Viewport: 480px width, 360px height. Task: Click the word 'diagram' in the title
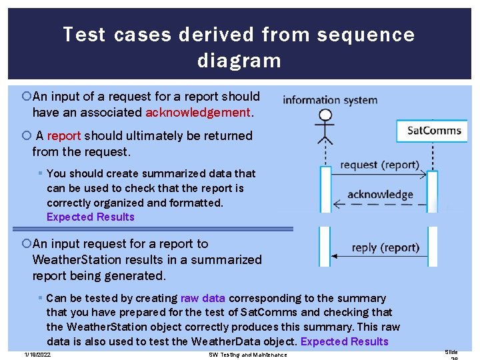(239, 61)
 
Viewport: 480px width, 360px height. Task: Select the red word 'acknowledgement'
(198, 113)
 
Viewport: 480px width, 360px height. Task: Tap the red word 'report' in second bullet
(63, 136)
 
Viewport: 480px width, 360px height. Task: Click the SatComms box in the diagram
(434, 130)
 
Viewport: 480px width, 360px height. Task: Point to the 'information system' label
(330, 101)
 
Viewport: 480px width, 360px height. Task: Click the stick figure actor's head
(325, 115)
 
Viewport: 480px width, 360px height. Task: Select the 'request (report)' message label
(379, 165)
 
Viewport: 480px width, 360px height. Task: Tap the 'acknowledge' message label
(380, 195)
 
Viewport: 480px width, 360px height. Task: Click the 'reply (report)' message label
(385, 247)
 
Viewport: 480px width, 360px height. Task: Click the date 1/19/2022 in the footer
(37, 355)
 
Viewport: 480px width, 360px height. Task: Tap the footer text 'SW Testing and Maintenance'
(247, 355)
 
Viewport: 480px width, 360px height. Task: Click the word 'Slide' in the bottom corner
(451, 352)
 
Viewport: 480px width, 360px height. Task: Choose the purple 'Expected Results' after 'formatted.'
(91, 217)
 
